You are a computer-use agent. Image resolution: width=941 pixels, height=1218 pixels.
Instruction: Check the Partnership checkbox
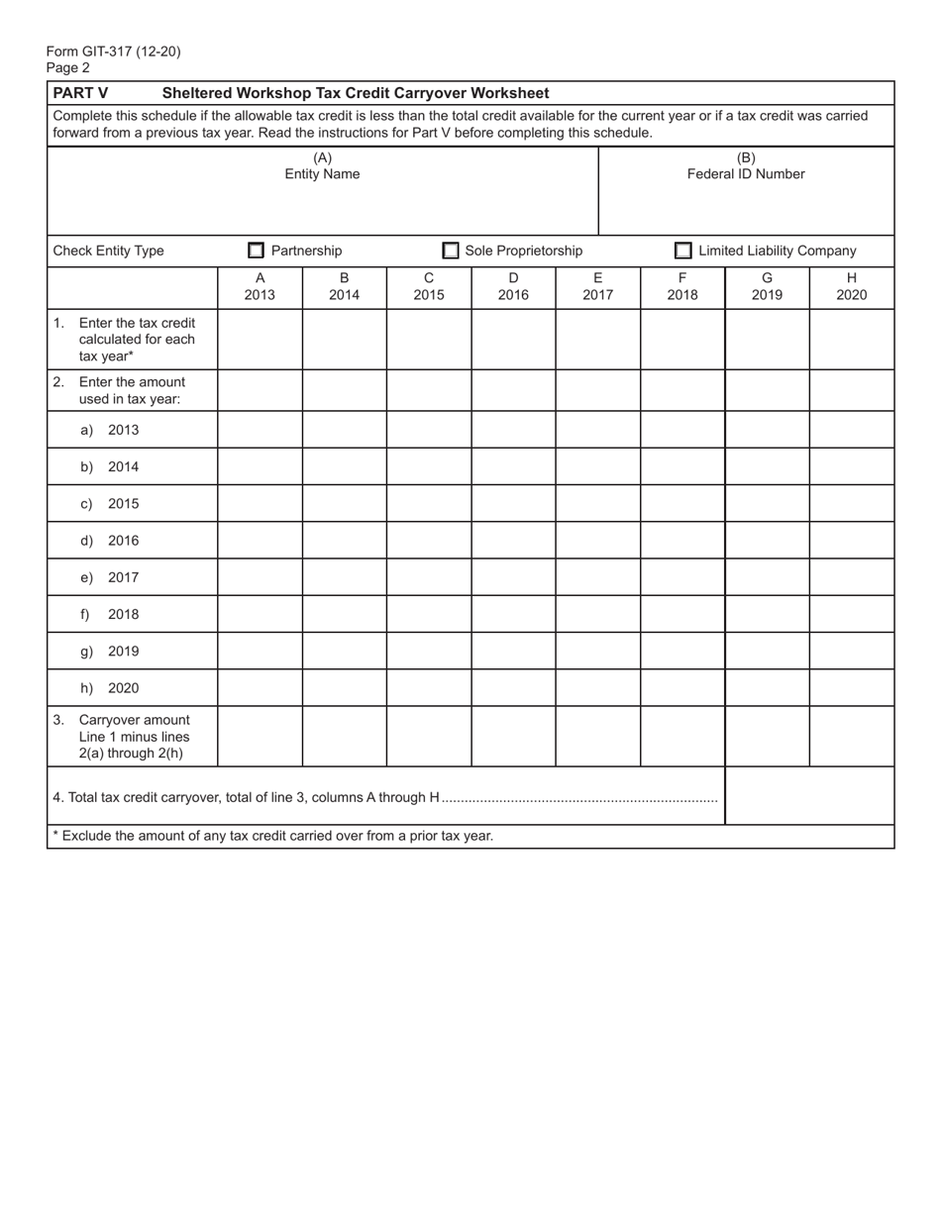click(256, 252)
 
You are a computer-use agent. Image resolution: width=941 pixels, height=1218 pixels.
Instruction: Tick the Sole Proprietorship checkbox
click(451, 252)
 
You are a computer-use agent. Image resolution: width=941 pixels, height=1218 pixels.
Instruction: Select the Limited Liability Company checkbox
click(683, 252)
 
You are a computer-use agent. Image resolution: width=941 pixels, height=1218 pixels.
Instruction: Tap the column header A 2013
click(260, 287)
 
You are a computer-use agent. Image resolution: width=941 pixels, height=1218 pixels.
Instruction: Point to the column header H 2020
click(851, 287)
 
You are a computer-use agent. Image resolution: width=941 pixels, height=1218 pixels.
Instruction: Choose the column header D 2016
click(513, 287)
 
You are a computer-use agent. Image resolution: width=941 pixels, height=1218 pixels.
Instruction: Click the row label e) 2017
click(110, 577)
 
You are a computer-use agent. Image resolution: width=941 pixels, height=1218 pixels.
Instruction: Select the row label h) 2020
click(110, 688)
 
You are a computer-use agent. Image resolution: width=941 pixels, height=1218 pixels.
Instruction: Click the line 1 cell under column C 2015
click(429, 340)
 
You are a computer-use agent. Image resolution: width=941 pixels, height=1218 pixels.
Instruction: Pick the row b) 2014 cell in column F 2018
click(682, 466)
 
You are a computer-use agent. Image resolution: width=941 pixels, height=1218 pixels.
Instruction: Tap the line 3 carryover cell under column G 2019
click(767, 737)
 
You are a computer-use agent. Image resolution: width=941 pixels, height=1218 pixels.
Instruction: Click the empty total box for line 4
click(809, 796)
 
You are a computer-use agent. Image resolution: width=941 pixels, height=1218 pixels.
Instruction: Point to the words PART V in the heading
click(80, 93)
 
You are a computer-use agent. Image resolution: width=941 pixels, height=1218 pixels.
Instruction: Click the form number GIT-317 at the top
click(113, 51)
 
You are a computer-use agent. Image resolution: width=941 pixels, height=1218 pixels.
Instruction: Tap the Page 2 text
click(68, 68)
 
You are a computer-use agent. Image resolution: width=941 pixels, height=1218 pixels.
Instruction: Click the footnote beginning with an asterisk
click(272, 836)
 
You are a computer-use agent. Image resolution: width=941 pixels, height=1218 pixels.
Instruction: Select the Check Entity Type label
click(109, 252)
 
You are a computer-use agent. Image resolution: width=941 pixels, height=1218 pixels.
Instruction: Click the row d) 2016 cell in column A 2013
click(260, 541)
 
